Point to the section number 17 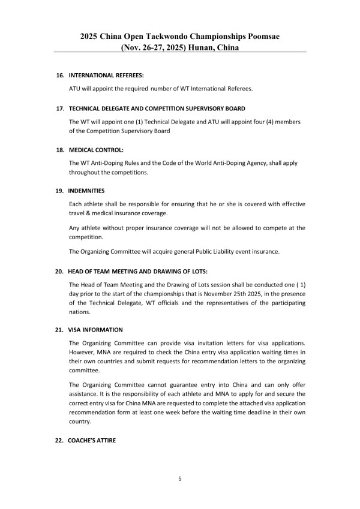(60, 109)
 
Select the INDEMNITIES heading (87, 190)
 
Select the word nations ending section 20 (81, 312)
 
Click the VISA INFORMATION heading (95, 330)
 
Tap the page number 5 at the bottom (180, 479)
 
